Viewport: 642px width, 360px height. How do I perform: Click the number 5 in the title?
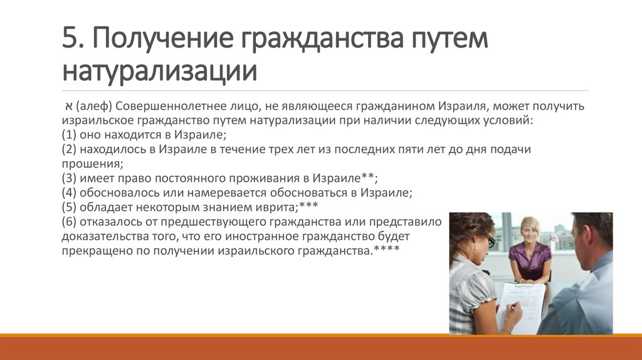70,38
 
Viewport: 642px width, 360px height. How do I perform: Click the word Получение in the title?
164,39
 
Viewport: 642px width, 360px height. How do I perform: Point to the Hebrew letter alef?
68,107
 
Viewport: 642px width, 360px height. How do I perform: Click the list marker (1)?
69,135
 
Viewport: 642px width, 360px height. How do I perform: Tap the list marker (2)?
69,149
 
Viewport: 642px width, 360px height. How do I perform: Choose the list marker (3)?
69,178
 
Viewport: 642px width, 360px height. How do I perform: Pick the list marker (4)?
69,193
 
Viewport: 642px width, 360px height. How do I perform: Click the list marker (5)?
69,207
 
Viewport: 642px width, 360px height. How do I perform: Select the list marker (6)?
69,221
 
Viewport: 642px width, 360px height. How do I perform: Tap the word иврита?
276,207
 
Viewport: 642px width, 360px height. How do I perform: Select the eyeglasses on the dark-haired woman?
491,241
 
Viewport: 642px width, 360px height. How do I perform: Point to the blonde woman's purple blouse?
530,260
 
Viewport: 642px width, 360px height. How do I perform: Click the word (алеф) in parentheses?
94,107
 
